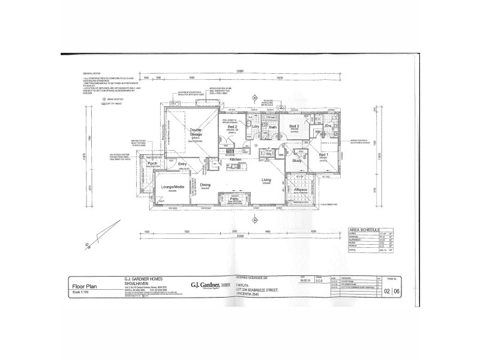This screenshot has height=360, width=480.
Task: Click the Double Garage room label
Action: click(196, 133)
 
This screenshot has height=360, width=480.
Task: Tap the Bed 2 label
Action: click(233, 127)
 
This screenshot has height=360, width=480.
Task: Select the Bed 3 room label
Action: click(294, 127)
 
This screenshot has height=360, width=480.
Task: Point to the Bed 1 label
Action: click(323, 155)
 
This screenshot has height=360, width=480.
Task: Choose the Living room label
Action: click(266, 179)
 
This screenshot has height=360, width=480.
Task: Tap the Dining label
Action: click(206, 185)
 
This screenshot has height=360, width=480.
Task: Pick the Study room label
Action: click(296, 161)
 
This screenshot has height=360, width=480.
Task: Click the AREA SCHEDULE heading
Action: click(364, 229)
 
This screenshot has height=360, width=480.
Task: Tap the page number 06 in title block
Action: click(396, 292)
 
